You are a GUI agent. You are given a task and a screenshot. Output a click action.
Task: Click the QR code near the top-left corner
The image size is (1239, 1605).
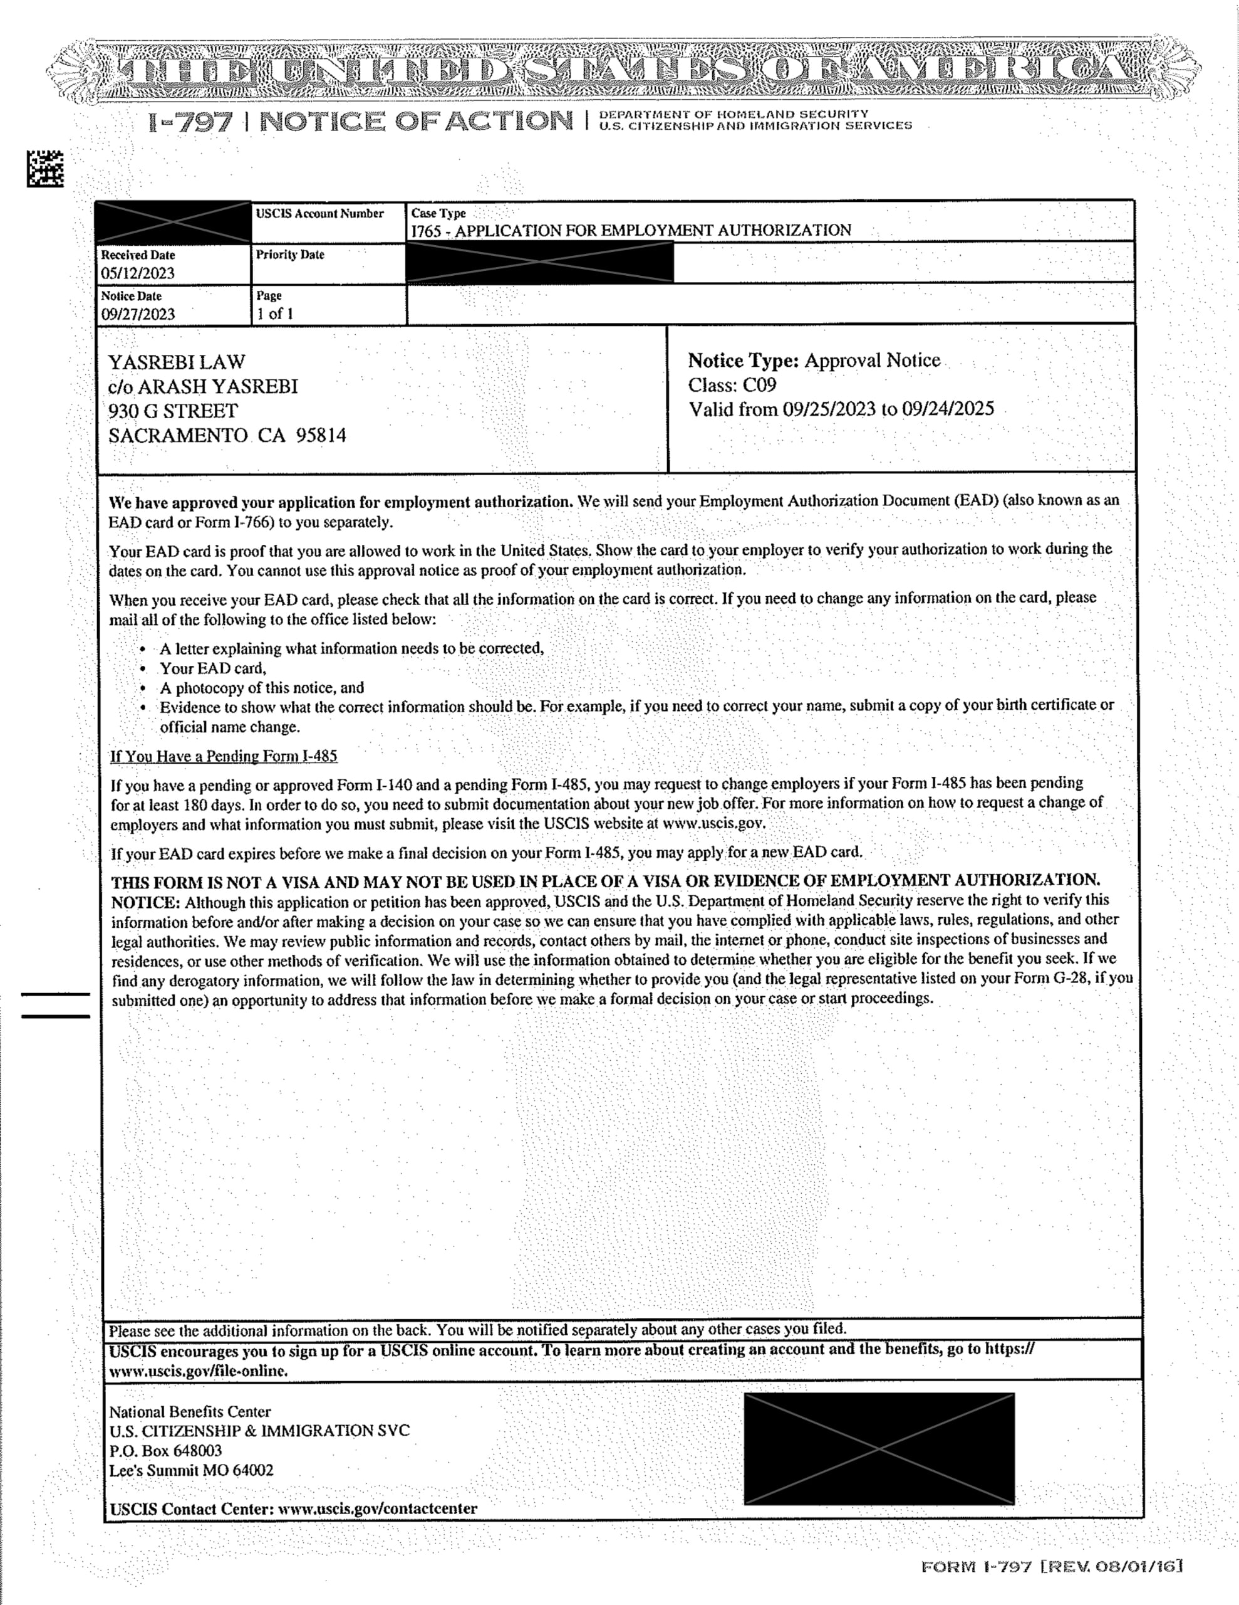[x=45, y=168]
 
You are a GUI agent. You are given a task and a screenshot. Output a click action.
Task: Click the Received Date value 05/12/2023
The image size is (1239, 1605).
[x=138, y=273]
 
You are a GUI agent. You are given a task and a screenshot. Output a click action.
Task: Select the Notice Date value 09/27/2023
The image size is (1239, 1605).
[x=138, y=315]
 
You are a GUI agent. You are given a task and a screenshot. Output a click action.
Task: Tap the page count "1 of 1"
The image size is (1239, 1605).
[x=275, y=314]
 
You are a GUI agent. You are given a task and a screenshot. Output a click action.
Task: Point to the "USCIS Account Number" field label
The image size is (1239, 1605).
[x=319, y=214]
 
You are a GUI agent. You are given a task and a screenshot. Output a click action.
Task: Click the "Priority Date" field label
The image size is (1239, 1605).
[x=290, y=255]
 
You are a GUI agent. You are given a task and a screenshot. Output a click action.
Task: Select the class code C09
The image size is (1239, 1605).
[x=759, y=385]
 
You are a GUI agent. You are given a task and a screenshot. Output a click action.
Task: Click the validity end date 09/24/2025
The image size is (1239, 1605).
[x=948, y=409]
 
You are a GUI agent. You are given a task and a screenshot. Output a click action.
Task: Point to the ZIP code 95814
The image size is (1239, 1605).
[x=321, y=436]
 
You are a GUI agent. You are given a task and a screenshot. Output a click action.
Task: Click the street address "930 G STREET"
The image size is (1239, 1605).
[x=174, y=411]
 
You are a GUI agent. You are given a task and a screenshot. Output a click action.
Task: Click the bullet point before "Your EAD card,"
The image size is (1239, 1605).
[x=142, y=670]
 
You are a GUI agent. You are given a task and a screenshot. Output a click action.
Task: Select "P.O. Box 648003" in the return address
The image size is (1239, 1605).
[x=165, y=1451]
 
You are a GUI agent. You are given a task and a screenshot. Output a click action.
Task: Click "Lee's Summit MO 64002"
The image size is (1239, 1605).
[x=191, y=1470]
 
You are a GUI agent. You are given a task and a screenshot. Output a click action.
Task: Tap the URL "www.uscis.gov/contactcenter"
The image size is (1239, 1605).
[x=378, y=1508]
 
